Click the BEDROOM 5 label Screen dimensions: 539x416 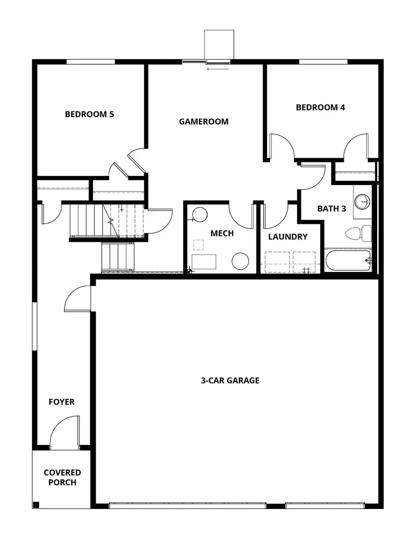89,114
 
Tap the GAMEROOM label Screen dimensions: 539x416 204,122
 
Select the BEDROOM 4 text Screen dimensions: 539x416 320,107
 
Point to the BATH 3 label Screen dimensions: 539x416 331,209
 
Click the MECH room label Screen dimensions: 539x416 222,234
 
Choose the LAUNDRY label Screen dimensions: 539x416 288,237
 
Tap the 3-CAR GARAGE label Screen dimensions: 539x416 230,381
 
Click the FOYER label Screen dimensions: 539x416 61,402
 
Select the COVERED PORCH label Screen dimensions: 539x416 62,477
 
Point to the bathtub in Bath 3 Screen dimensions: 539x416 348,260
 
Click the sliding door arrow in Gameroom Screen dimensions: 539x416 218,69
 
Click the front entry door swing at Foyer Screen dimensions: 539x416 62,433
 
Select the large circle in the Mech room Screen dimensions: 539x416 240,261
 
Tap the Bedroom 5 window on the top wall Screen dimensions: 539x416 91,62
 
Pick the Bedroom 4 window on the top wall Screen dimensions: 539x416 323,62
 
